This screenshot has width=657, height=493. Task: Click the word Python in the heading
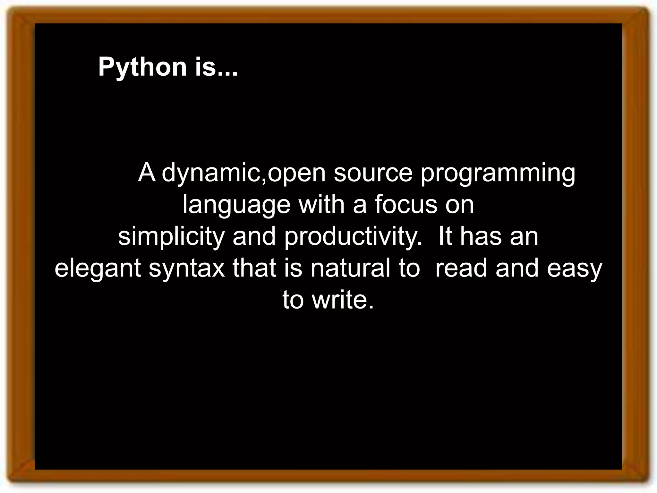[142, 67]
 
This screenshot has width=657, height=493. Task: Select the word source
[373, 173]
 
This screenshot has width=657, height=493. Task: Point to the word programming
[498, 173]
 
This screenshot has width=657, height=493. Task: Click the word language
[236, 205]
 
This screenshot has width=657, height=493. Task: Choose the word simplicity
[171, 237]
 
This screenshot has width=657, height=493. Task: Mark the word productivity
[353, 237]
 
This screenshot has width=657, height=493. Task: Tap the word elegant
[98, 269]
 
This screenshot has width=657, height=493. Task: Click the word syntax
[187, 269]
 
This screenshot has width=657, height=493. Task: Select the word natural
[350, 268]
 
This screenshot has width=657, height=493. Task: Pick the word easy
[575, 269]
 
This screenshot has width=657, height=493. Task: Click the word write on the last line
[343, 300]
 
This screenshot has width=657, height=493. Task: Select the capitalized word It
[445, 237]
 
